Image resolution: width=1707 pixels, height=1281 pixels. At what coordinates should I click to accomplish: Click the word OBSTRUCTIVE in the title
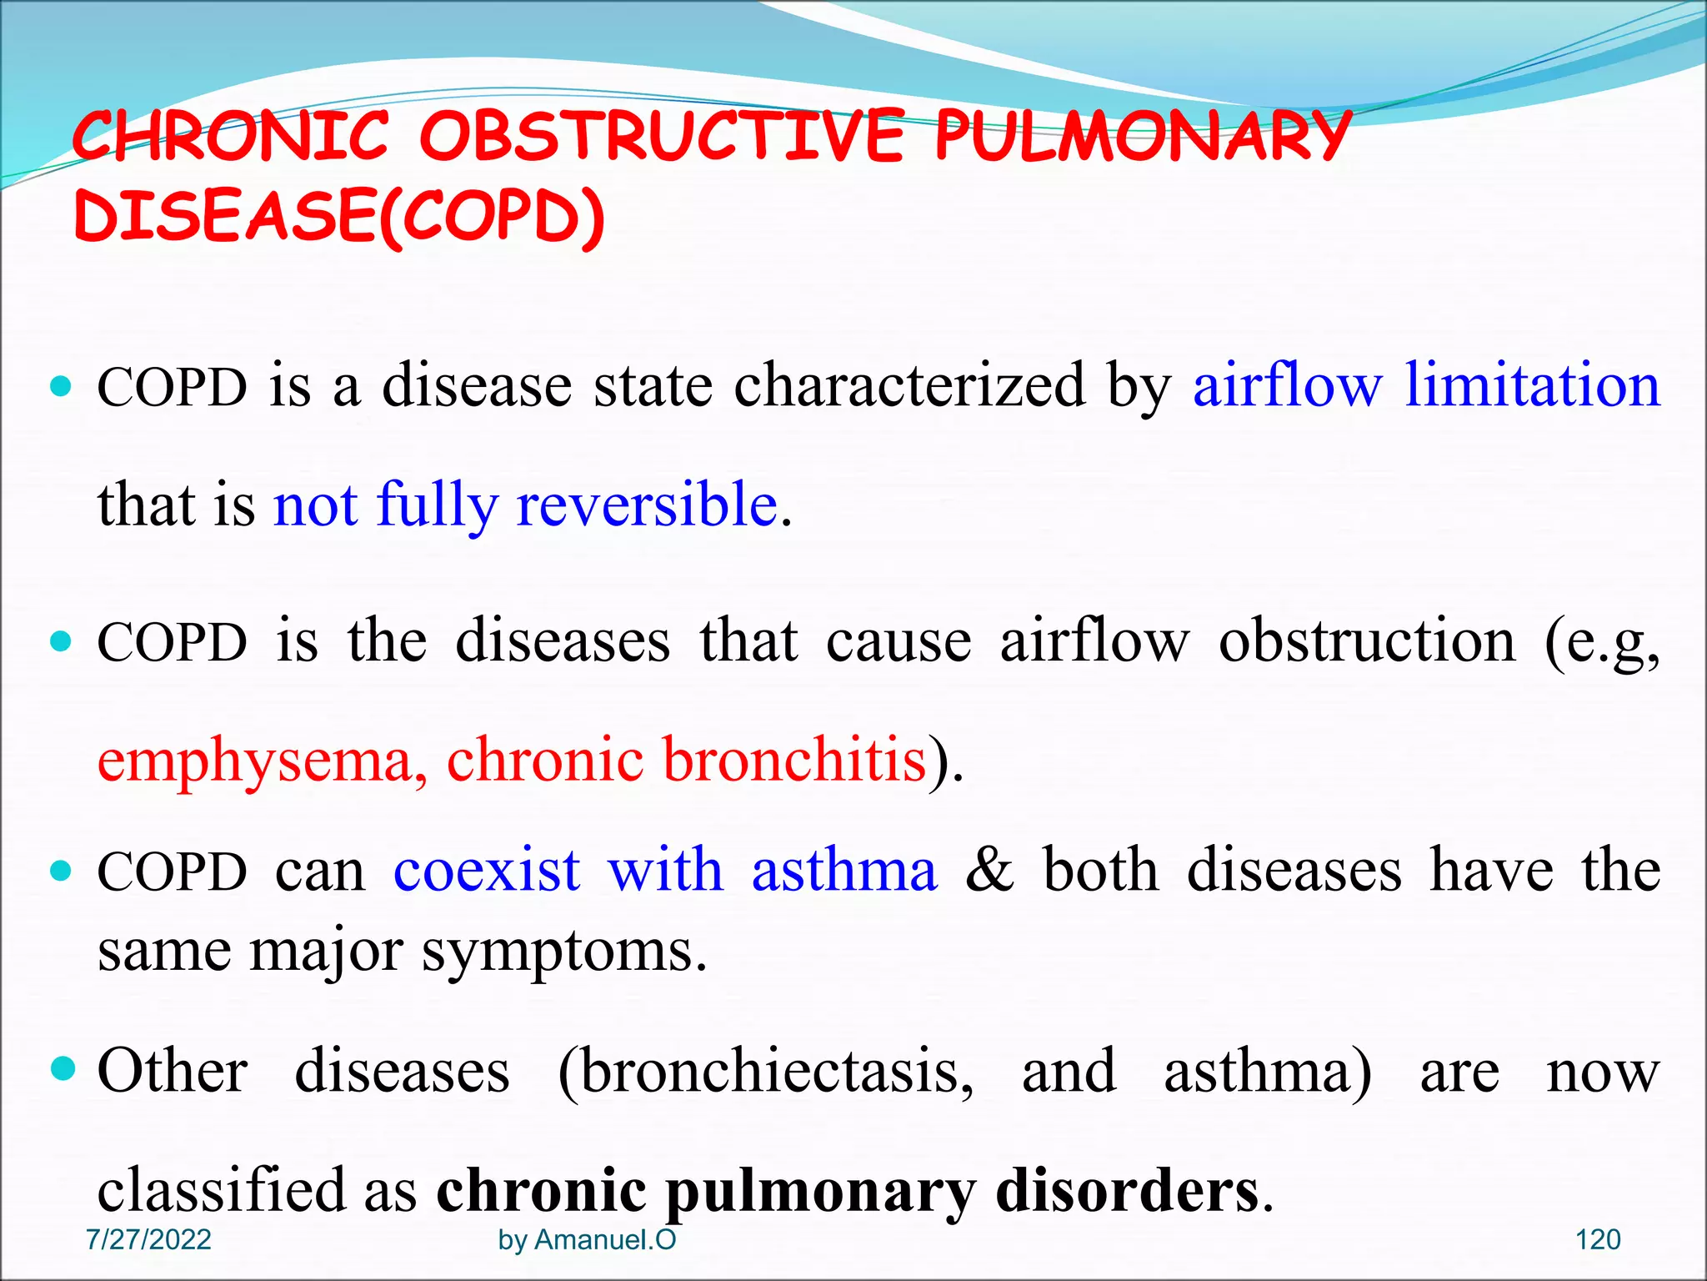click(661, 136)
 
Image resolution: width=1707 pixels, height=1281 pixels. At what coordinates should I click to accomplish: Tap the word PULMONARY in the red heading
click(1142, 136)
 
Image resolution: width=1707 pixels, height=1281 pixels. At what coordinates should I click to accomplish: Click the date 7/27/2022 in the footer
click(148, 1239)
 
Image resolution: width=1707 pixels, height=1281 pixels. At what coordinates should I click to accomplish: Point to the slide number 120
click(1597, 1239)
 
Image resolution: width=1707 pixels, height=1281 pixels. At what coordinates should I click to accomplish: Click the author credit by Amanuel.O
click(587, 1239)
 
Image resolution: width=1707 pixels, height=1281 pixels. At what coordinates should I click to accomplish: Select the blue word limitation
click(1533, 385)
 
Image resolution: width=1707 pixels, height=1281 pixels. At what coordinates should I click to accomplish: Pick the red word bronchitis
click(794, 759)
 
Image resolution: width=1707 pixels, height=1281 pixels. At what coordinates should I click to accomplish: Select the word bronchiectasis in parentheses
click(765, 1072)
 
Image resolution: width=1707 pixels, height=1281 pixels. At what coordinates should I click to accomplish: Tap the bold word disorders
click(1128, 1190)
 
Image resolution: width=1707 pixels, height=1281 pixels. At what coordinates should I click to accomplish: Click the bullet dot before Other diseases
click(63, 1068)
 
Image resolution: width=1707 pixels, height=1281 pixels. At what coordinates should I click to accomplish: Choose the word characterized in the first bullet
click(909, 385)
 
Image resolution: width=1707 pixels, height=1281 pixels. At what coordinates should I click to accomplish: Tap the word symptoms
click(558, 952)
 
